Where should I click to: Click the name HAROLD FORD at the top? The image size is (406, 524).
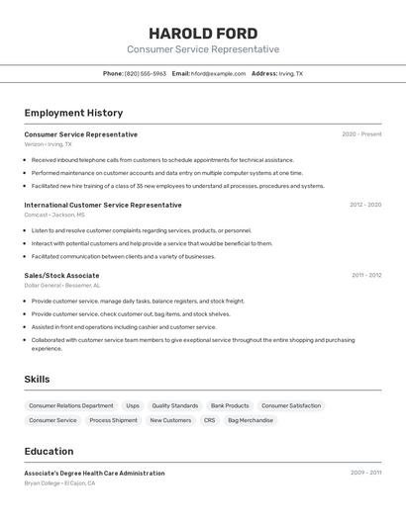click(x=203, y=34)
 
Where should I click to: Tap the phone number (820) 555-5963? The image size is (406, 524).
click(x=146, y=73)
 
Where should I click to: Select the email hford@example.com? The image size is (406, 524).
click(x=218, y=73)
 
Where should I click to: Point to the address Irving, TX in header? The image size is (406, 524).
click(x=291, y=73)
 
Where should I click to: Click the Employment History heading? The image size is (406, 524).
click(x=73, y=113)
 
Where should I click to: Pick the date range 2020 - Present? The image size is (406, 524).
click(x=361, y=134)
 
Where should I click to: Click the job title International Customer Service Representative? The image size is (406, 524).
click(x=103, y=205)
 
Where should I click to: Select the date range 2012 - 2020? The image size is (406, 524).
click(x=365, y=205)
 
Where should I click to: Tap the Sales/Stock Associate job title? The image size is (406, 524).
click(x=61, y=276)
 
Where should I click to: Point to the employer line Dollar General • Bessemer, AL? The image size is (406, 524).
click(x=61, y=287)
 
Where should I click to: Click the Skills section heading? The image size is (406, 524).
click(x=37, y=379)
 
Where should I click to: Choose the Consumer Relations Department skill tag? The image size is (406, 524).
click(x=71, y=405)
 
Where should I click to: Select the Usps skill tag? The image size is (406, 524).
click(x=133, y=405)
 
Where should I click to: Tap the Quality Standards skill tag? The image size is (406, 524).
click(x=175, y=405)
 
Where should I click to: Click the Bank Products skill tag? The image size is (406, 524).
click(x=230, y=405)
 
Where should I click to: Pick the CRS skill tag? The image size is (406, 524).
click(x=209, y=420)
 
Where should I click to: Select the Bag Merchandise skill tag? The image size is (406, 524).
click(x=251, y=420)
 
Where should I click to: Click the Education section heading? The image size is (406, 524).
click(x=49, y=451)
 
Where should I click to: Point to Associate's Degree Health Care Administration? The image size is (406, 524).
click(x=94, y=473)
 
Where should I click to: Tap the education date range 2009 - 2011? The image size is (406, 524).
click(x=365, y=473)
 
